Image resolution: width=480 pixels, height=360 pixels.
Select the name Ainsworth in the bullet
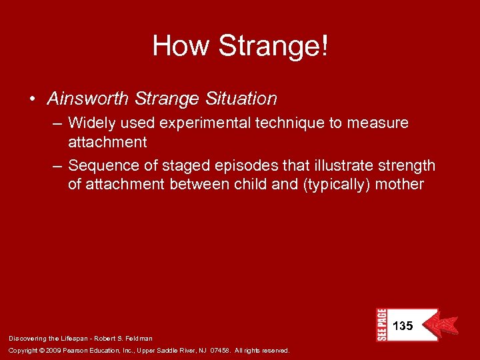click(88, 99)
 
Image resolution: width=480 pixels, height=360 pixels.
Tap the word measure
click(380, 123)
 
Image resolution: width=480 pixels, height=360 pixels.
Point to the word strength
click(405, 165)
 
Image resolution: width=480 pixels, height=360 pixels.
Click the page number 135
click(403, 327)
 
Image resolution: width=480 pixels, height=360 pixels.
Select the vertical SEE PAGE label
click(381, 325)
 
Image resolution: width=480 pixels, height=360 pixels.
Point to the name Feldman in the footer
click(139, 339)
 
